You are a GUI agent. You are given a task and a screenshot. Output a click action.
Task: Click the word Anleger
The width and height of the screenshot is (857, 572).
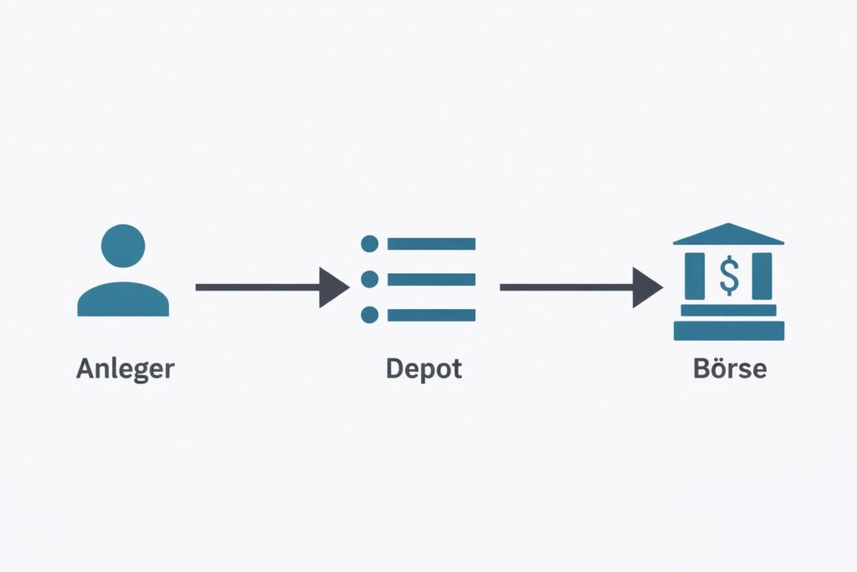point(125,368)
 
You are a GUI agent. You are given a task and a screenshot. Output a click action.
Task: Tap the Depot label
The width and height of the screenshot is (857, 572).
point(423,368)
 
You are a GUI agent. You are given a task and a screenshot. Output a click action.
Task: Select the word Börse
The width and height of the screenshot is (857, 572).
point(729,368)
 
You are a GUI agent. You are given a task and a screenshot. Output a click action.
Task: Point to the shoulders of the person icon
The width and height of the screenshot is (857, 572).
point(123,300)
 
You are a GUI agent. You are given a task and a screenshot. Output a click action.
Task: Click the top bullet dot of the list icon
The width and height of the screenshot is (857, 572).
point(369,244)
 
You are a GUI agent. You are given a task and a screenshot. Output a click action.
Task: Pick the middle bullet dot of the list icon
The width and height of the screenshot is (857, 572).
point(369,279)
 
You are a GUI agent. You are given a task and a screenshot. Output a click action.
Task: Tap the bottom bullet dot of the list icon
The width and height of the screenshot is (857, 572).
point(369,315)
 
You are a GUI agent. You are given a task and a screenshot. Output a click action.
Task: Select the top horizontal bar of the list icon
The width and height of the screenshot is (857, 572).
point(431,244)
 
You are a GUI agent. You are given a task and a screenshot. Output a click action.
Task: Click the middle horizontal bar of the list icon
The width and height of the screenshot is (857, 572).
point(431,279)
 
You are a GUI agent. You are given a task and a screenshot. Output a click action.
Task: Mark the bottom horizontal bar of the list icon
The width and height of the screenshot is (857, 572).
point(431,315)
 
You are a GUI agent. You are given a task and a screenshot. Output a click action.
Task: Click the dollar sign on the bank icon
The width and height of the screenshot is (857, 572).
point(729,276)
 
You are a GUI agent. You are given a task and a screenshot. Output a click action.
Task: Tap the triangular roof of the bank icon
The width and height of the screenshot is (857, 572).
point(728,235)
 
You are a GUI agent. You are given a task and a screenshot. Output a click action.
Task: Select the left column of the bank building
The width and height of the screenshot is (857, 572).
point(695,276)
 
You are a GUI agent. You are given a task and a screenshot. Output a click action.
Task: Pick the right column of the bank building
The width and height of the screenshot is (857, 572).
point(762,276)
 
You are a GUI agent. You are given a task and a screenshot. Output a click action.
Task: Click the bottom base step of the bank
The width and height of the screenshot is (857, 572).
point(729,331)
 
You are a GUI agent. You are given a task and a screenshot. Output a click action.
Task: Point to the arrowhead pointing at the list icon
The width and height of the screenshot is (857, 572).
point(334,287)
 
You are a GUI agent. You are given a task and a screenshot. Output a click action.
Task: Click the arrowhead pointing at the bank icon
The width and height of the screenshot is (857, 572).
point(647,287)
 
